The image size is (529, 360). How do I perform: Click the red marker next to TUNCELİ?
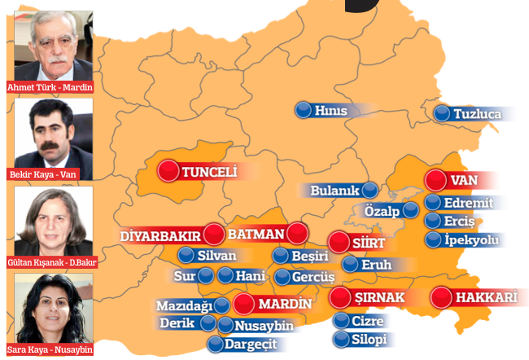point(168,171)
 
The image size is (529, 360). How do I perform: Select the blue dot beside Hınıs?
point(304,110)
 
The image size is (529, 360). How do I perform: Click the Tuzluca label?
point(478,114)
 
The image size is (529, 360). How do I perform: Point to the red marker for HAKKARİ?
point(442,297)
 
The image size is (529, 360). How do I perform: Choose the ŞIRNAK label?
point(378,297)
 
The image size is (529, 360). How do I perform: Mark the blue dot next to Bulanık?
point(370,190)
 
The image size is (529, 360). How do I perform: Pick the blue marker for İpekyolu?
point(434,239)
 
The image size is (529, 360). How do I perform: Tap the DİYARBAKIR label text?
point(160,235)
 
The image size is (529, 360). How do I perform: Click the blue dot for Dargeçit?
point(215,344)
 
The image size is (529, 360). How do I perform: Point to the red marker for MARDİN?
point(243,305)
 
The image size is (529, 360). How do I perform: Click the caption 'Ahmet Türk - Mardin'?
point(49,87)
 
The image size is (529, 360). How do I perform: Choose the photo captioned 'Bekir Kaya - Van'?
point(49,134)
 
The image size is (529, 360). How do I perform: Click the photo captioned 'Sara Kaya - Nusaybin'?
point(49,308)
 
